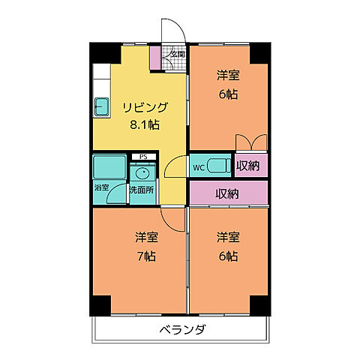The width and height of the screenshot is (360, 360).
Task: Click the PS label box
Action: (x=142, y=157)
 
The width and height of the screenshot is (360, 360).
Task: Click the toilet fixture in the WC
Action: (x=218, y=166)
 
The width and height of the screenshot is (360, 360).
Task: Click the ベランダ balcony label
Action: (x=182, y=330)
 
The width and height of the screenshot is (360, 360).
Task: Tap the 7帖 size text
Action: (x=145, y=256)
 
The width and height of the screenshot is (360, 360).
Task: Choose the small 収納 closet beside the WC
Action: (x=248, y=166)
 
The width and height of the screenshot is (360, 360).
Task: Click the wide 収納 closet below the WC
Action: (x=227, y=193)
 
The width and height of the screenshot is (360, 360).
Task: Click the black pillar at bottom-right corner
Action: (x=259, y=304)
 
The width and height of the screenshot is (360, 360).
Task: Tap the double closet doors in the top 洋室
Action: (x=250, y=142)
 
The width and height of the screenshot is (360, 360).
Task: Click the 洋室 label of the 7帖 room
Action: (x=145, y=238)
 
